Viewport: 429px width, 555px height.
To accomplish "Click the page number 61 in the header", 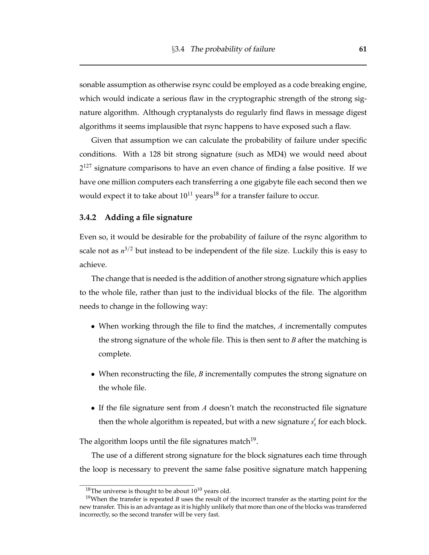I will (363, 49).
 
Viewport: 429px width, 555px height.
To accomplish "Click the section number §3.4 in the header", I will (178, 49).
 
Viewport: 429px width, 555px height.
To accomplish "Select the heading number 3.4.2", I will (88, 218).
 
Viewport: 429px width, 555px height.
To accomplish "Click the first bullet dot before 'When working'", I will (93, 327).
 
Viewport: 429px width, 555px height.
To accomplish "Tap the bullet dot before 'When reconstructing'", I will (93, 374).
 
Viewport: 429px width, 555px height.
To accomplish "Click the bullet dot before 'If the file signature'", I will (93, 408).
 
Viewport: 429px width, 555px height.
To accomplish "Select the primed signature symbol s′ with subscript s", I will (313, 422).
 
